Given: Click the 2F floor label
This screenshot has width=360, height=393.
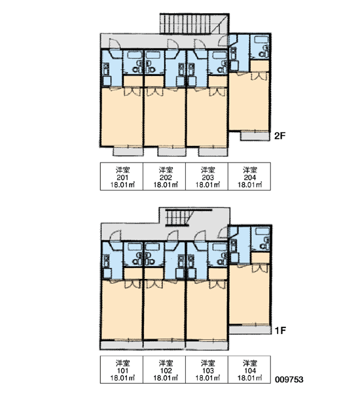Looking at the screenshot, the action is click(280, 136).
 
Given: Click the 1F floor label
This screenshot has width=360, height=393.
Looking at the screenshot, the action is click(280, 331).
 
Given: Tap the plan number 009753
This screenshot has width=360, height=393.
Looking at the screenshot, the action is click(289, 379).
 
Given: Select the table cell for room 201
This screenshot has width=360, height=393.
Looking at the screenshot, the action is click(122, 176).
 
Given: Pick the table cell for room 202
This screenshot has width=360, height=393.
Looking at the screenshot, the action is click(164, 176).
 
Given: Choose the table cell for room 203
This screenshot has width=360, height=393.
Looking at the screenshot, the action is click(207, 176).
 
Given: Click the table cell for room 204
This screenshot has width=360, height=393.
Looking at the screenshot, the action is click(249, 176).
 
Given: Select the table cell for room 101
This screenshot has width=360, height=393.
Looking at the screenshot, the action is click(122, 369).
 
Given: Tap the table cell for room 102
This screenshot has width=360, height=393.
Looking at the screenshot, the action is click(164, 369).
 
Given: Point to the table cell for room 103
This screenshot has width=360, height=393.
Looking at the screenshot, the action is click(207, 369).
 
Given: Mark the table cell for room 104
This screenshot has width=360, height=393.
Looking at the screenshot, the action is click(249, 369).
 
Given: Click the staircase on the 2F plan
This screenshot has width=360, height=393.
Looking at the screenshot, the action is click(194, 24).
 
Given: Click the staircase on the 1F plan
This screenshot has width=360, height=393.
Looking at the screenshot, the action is click(179, 217).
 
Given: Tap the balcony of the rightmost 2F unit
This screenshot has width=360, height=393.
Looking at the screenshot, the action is click(255, 136).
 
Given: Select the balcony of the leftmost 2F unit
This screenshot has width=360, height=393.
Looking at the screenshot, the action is click(128, 152).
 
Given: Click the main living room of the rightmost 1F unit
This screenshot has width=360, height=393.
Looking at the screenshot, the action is click(249, 295).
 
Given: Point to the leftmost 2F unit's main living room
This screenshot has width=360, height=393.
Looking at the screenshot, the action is click(122, 117).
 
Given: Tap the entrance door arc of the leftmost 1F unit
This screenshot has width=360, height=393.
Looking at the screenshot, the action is click(116, 236).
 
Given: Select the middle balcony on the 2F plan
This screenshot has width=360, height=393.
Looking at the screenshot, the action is click(172, 152).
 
